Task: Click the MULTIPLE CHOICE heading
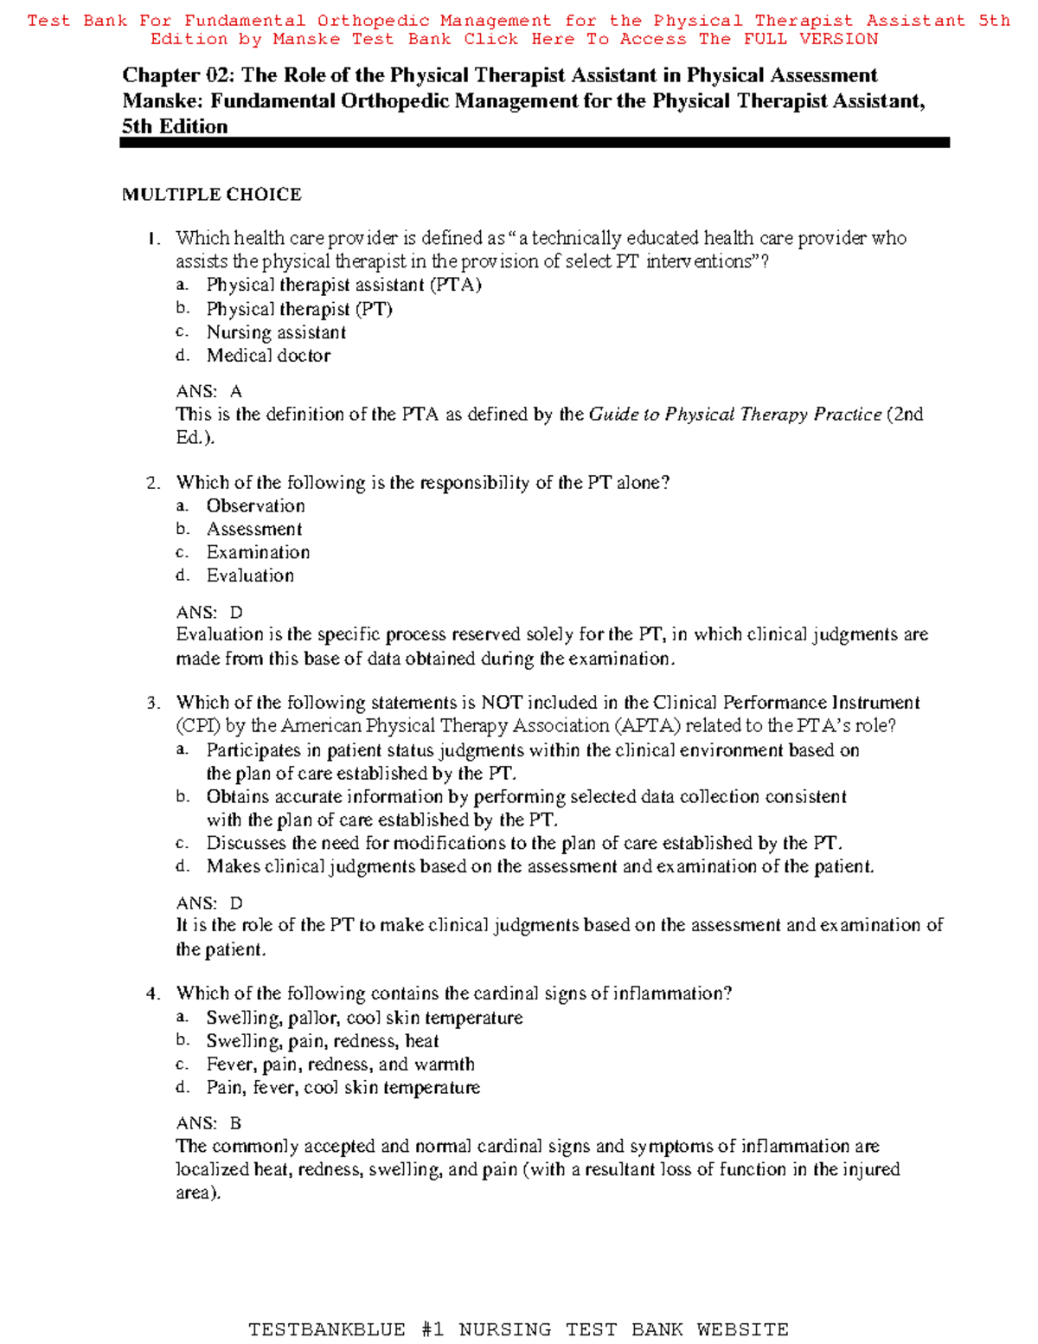click(211, 195)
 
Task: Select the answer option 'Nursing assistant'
click(276, 332)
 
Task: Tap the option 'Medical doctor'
click(268, 356)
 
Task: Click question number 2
click(153, 483)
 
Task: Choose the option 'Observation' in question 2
click(255, 506)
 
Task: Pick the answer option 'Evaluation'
click(250, 576)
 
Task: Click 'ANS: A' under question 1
click(208, 391)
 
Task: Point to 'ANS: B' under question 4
click(208, 1123)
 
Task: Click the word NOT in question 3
click(502, 703)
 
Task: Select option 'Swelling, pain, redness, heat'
click(322, 1041)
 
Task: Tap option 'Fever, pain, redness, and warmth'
click(340, 1064)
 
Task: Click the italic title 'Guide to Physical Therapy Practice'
click(734, 415)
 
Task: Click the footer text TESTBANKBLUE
click(326, 1329)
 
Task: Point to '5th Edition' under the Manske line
click(175, 126)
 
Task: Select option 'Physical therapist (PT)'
click(299, 309)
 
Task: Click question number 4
click(153, 994)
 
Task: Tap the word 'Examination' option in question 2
click(258, 552)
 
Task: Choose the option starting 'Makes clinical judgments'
click(540, 866)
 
